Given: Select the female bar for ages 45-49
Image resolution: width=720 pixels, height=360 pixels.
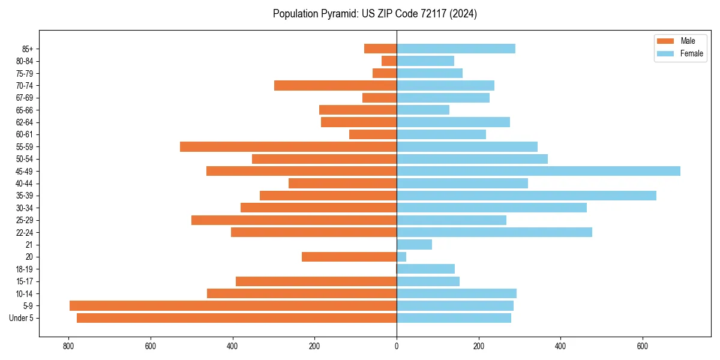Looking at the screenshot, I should click(538, 171).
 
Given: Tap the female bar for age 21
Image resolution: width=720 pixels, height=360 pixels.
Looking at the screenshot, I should click(414, 244).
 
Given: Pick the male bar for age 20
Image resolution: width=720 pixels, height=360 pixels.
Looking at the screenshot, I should click(349, 257).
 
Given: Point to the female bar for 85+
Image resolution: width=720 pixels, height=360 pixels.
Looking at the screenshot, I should click(455, 49).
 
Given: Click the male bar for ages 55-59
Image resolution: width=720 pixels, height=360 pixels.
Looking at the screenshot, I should click(288, 146).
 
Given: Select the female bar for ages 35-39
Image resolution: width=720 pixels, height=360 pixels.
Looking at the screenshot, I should click(526, 196).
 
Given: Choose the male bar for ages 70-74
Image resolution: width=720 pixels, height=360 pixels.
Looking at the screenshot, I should click(335, 85).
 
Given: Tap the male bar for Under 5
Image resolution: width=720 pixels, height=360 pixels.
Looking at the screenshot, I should click(236, 318).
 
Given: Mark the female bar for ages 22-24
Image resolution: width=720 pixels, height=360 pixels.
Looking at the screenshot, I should click(494, 232).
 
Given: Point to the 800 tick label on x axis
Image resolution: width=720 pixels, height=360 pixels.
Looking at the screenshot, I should click(68, 346).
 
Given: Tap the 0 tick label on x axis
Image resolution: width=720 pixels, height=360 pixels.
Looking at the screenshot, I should click(397, 346).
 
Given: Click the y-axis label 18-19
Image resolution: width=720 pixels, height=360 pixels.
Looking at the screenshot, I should click(25, 269).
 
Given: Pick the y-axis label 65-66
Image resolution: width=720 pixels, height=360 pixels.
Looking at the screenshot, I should click(25, 110).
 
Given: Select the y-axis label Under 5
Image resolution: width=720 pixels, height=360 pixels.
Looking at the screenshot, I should click(22, 318).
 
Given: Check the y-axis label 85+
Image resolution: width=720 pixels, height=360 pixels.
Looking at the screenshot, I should click(28, 49).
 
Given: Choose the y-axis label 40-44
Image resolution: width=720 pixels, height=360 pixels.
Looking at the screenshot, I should click(25, 184).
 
